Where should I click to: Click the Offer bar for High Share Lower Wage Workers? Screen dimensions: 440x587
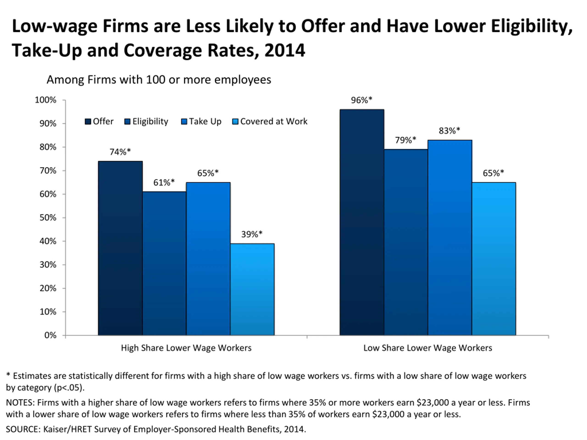point(120,248)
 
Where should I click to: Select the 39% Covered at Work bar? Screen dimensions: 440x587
point(252,289)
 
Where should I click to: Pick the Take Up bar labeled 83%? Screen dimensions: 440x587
point(450,237)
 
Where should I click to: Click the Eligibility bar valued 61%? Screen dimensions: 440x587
point(164,263)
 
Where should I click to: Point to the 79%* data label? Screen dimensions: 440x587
point(405,140)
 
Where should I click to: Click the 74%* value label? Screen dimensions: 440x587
point(120,152)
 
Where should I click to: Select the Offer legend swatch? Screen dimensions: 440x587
point(88,121)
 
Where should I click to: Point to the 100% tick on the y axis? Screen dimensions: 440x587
point(46,100)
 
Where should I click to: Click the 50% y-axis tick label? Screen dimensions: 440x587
point(48,218)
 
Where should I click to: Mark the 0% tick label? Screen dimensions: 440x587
point(50,335)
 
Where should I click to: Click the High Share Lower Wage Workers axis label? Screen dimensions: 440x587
point(186,348)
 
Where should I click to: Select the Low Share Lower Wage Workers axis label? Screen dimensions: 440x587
point(427,348)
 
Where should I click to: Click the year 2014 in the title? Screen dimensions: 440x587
point(285,50)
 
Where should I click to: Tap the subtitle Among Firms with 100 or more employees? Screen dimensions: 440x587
point(159,80)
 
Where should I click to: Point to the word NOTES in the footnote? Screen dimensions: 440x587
point(20,402)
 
